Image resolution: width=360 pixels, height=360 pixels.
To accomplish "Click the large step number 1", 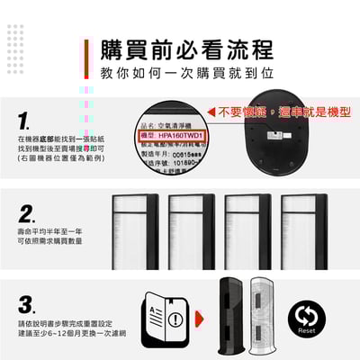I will click(26, 120).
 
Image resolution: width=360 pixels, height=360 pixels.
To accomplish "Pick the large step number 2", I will click(28, 214).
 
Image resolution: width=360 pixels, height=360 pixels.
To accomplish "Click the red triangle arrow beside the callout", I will click(212, 112).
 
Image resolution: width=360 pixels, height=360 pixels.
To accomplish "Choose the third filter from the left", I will click(247, 231).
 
